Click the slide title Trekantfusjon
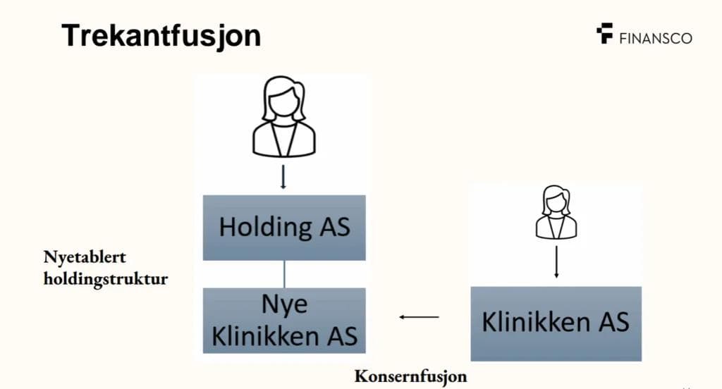(x=161, y=35)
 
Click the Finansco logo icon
(x=604, y=34)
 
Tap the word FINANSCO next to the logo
(x=655, y=38)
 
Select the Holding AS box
(x=284, y=228)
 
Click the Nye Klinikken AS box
(x=284, y=321)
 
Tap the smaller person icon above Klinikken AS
(x=556, y=214)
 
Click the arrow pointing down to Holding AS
(x=283, y=177)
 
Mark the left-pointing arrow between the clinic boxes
(x=419, y=317)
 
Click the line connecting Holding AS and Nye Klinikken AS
(x=284, y=273)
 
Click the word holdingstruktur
(x=106, y=278)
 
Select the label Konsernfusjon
(x=410, y=375)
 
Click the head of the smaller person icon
(x=556, y=199)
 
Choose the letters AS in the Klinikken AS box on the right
(x=612, y=323)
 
